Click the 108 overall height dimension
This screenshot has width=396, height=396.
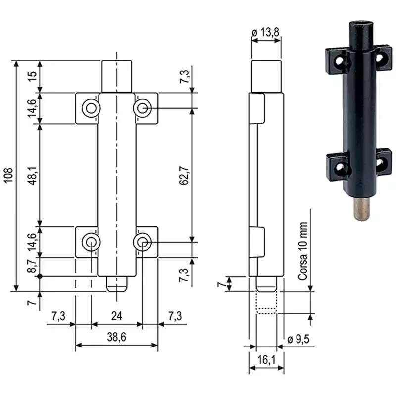[x=8, y=176]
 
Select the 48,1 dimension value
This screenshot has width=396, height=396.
[x=32, y=176]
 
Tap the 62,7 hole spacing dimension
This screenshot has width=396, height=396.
[x=184, y=176]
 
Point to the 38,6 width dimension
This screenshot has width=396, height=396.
[x=116, y=337]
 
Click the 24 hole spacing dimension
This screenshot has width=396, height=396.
[x=116, y=316]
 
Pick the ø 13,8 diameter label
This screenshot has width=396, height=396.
[x=266, y=32]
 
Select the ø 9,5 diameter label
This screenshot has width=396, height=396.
[x=298, y=339]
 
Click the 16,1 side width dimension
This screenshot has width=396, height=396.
[x=266, y=360]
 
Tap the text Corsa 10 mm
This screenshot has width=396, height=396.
[x=303, y=251]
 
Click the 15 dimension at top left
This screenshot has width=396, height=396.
[x=32, y=76]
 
